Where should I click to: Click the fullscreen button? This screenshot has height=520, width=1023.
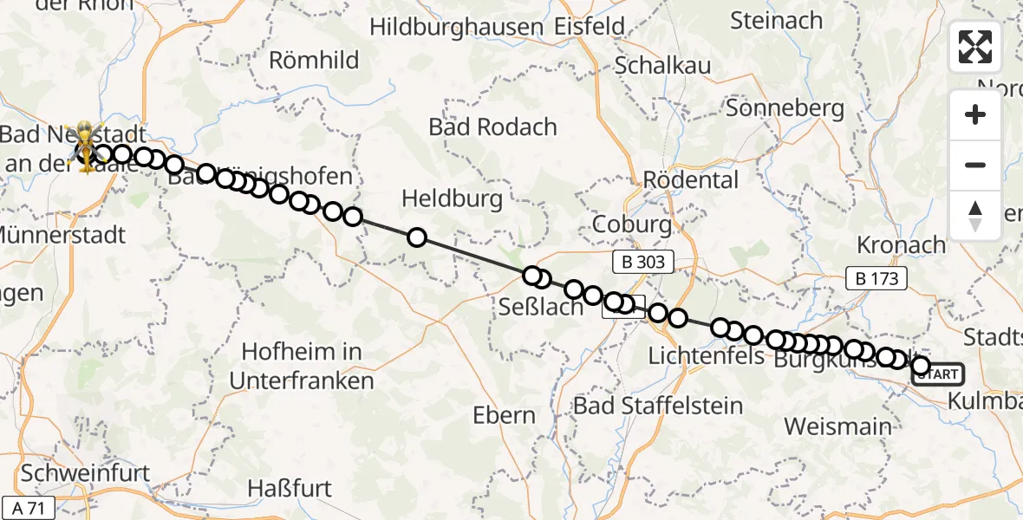pyautogui.click(x=975, y=47)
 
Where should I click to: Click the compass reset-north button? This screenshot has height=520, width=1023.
pyautogui.click(x=975, y=216)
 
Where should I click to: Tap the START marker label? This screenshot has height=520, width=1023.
pyautogui.click(x=937, y=374)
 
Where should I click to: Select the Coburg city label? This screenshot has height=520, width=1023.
pyautogui.click(x=631, y=224)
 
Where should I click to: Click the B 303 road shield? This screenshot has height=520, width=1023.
pyautogui.click(x=642, y=261)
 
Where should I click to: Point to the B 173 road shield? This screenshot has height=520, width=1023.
pyautogui.click(x=877, y=278)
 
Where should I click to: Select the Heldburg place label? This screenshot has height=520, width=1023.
pyautogui.click(x=452, y=198)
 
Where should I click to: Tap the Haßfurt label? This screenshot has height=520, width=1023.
pyautogui.click(x=290, y=488)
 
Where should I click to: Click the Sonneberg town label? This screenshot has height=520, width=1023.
pyautogui.click(x=785, y=108)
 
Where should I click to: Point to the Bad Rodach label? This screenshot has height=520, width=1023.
pyautogui.click(x=492, y=127)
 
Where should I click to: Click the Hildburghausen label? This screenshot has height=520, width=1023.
pyautogui.click(x=456, y=27)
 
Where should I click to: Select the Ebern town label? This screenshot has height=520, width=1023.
pyautogui.click(x=504, y=415)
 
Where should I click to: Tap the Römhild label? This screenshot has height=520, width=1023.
pyautogui.click(x=314, y=60)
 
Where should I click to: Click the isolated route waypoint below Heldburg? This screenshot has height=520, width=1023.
pyautogui.click(x=417, y=237)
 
